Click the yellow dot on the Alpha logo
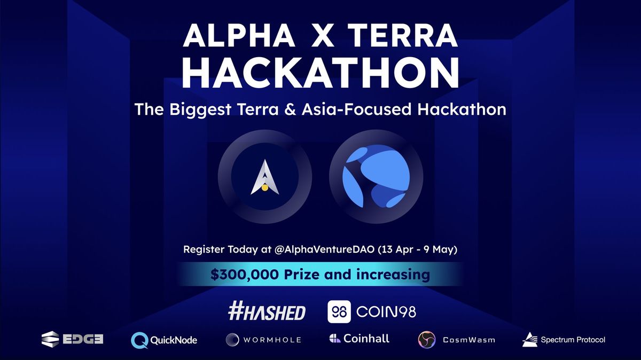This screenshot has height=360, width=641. [x=264, y=188]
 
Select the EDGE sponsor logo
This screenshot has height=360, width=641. [x=72, y=339]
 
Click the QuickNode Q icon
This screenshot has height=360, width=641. [x=139, y=339]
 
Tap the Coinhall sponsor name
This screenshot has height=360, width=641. [x=366, y=338]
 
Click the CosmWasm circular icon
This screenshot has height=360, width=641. [x=426, y=340]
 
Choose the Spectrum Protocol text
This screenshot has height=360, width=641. [x=573, y=339]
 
